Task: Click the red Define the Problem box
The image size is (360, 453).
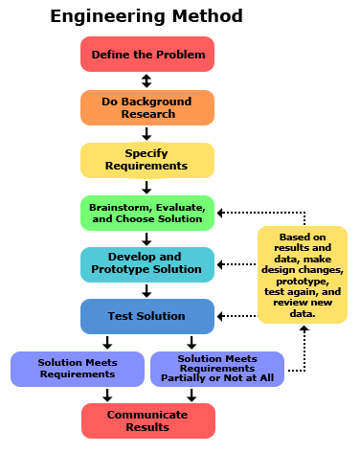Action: [x=147, y=54]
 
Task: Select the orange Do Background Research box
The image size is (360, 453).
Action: [x=147, y=107]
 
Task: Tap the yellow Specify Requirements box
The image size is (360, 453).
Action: [x=147, y=160]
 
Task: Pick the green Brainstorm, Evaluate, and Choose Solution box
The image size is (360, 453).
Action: [x=147, y=213]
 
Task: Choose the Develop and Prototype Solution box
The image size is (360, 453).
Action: [x=147, y=263]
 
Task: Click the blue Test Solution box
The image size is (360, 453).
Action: [x=147, y=316]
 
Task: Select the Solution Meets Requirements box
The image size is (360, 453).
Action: [x=78, y=369]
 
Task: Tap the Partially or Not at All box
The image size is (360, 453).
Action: [x=217, y=369]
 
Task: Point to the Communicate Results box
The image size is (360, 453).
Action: [x=147, y=420]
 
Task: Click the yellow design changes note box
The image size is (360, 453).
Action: [x=301, y=274]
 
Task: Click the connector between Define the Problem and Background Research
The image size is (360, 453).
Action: [x=146, y=81]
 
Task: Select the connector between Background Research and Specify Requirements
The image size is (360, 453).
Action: [x=146, y=134]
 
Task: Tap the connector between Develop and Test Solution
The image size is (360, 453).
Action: [x=146, y=290]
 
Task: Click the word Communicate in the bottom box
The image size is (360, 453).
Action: [x=147, y=414]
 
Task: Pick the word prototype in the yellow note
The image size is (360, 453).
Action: [x=301, y=282]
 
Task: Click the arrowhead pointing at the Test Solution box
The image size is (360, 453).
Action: [x=220, y=315]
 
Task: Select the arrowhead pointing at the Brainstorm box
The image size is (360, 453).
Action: [x=220, y=213]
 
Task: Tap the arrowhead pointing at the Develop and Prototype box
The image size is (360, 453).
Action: [x=220, y=263]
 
